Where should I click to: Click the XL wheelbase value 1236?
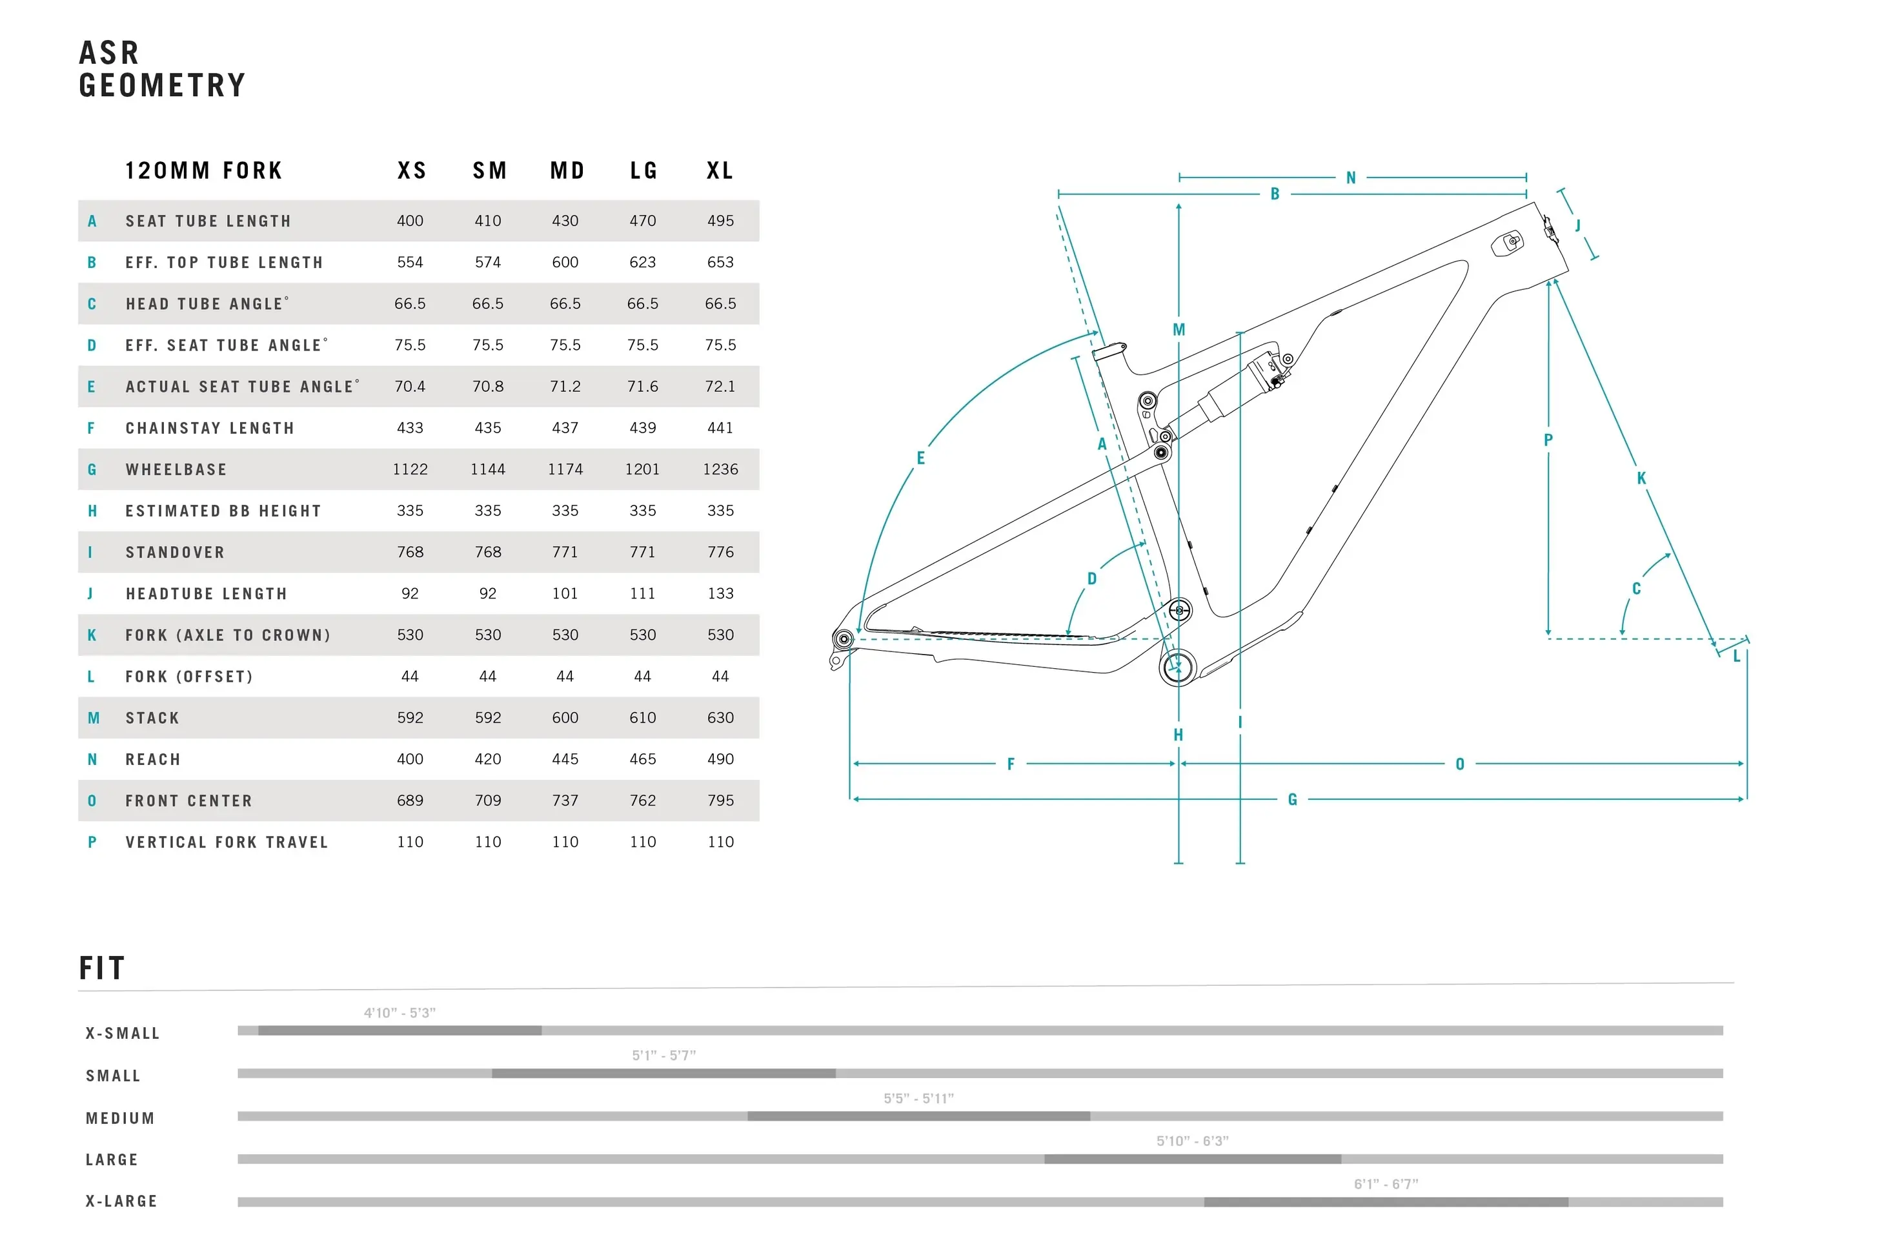[720, 470]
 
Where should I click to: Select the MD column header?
[567, 170]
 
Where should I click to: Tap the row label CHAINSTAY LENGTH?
[210, 428]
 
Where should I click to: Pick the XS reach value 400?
[410, 759]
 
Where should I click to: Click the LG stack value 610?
[643, 718]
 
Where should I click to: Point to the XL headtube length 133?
[720, 594]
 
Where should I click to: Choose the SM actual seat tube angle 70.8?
[487, 387]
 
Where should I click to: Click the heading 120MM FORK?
[203, 170]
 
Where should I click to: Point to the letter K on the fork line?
[1641, 478]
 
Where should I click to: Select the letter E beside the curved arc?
[920, 458]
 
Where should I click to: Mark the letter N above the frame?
[1351, 178]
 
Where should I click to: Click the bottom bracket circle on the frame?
[1177, 667]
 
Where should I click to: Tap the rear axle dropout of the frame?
[843, 638]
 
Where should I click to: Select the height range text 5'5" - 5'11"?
[918, 1098]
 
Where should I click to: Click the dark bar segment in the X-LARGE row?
[1385, 1202]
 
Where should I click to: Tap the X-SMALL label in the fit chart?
[123, 1034]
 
